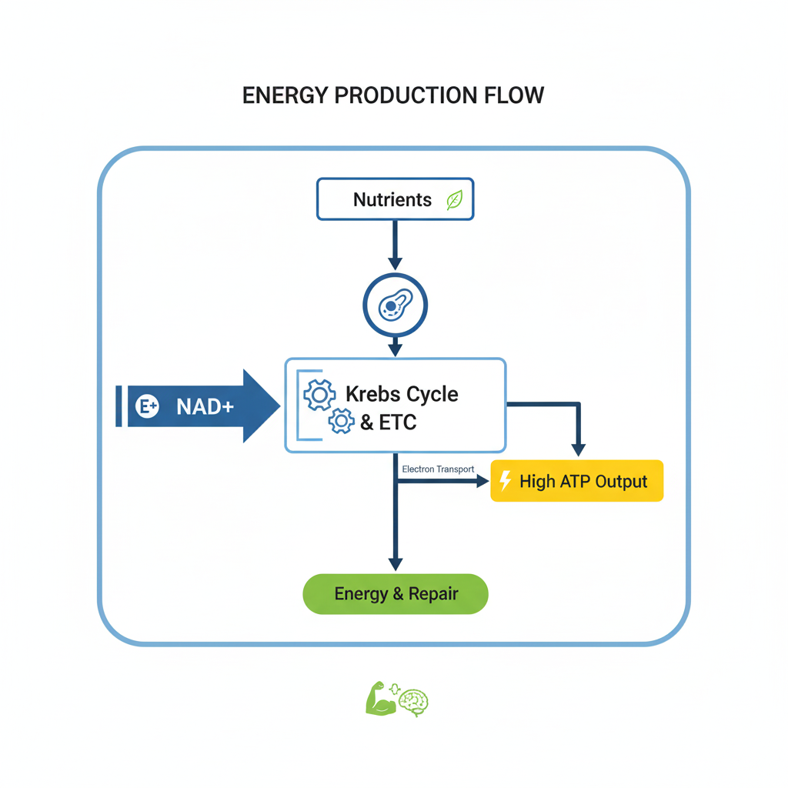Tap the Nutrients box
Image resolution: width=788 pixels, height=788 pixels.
(395, 200)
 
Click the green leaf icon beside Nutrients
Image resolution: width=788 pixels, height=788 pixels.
(455, 201)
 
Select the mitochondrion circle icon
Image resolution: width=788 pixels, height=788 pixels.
(395, 306)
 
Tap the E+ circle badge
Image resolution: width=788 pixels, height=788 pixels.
(147, 406)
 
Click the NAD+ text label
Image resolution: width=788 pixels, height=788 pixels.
(204, 406)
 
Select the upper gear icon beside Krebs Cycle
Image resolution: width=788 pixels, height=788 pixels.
(319, 395)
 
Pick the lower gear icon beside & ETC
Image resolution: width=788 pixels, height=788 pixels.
(341, 421)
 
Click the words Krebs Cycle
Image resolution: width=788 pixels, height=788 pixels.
(402, 394)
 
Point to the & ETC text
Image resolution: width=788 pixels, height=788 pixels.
(388, 422)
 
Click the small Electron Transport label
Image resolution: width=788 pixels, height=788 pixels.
(438, 469)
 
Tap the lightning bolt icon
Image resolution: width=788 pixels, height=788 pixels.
(506, 482)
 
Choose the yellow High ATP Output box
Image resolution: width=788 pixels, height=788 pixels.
(577, 482)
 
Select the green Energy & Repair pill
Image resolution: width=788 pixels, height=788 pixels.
(396, 594)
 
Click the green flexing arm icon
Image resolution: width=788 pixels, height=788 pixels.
(380, 699)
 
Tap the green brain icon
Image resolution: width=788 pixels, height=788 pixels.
(415, 700)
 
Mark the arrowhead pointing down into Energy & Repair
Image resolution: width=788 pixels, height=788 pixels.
(396, 564)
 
